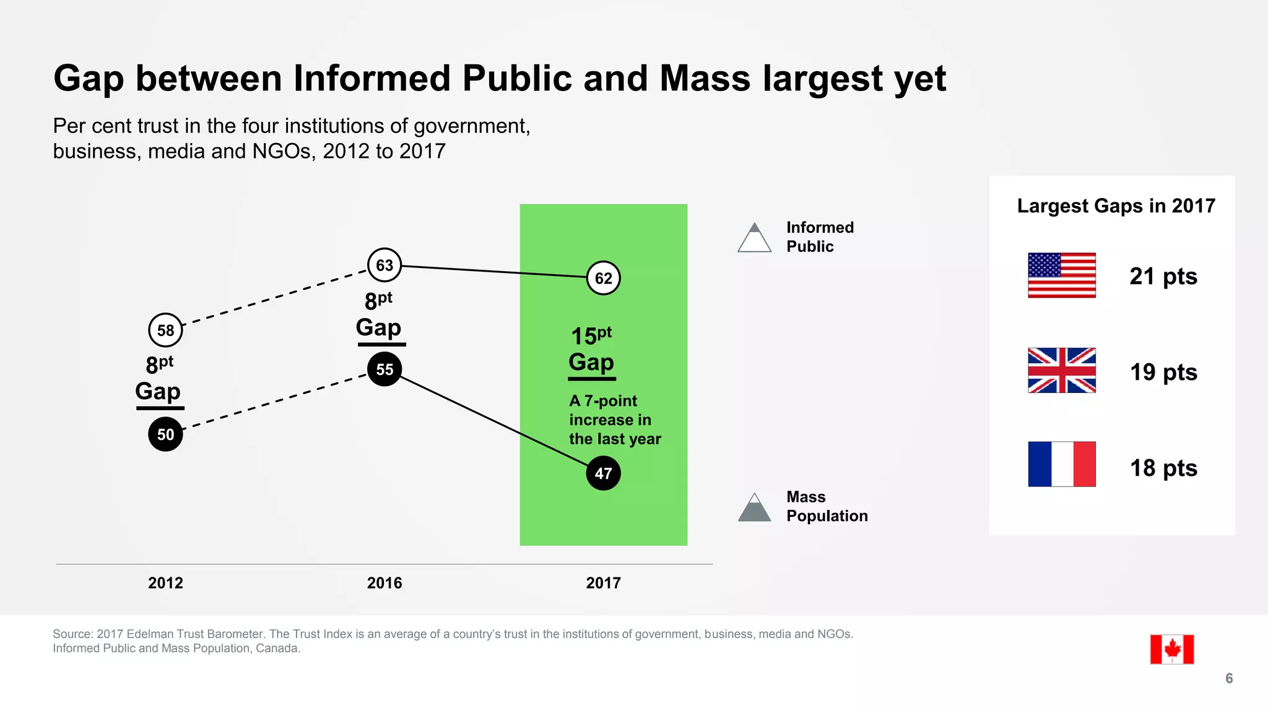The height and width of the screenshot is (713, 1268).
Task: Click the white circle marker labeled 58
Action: pos(165,330)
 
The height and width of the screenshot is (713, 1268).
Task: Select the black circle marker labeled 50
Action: pos(165,434)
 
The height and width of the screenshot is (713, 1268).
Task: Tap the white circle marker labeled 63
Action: pos(384,265)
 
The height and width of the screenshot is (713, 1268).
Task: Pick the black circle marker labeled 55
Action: pos(384,369)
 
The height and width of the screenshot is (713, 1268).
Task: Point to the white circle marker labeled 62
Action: pos(603,278)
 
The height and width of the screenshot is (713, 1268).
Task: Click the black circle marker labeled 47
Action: pos(603,473)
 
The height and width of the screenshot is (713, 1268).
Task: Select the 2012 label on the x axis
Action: pos(165,582)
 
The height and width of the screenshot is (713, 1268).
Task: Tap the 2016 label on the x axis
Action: pos(384,582)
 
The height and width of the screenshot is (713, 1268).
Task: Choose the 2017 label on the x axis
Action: pos(603,582)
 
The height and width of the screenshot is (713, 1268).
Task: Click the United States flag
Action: pos(1061,275)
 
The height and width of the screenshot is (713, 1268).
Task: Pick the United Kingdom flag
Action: pos(1061,370)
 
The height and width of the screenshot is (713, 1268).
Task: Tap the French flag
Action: pos(1061,464)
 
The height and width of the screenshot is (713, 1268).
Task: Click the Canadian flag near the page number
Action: pos(1171,649)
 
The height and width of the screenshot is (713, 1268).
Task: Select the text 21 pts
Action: pos(1163,276)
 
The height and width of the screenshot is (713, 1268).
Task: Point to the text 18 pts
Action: pos(1163,468)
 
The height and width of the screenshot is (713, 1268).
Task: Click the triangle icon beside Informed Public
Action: pos(754,239)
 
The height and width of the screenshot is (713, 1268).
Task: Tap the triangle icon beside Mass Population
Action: pos(754,509)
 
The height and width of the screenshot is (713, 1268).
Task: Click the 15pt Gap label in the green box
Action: pos(591,350)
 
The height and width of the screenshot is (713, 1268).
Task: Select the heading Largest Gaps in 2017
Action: pos(1116,205)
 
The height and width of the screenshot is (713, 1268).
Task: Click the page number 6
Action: pos(1229,678)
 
